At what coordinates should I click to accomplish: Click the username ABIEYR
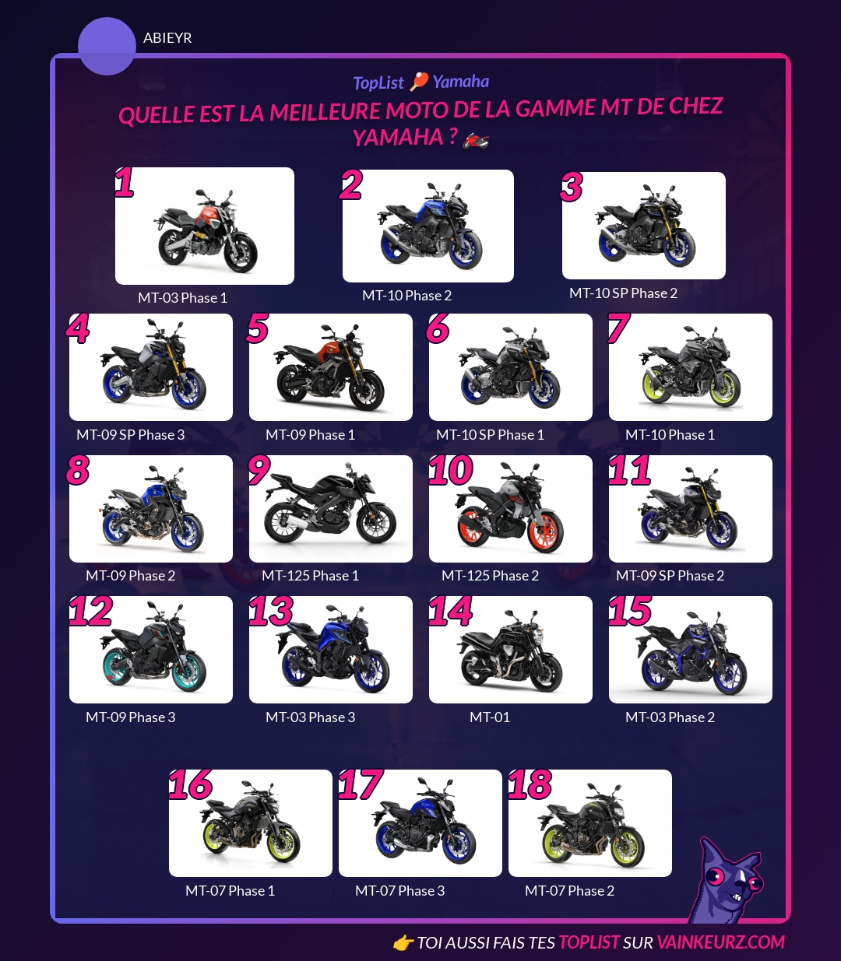pos(167,37)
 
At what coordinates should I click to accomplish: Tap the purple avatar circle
pos(107,46)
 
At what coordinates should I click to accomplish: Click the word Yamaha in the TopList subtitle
pos(461,82)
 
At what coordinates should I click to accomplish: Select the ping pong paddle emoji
pos(418,81)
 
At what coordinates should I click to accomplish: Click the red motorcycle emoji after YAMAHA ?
pos(476,140)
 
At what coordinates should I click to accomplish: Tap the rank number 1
pos(125,182)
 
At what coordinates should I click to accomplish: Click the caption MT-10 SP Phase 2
pos(623,293)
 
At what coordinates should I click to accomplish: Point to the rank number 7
pos(618,328)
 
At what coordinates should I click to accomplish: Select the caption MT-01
pos(489,717)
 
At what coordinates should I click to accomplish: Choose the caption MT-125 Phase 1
pos(310,575)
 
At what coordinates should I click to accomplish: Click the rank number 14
pos(450,611)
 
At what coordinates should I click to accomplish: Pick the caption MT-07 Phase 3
pos(399,890)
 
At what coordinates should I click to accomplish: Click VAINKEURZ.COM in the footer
pos(720,942)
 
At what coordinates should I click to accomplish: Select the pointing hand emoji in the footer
pos(403,942)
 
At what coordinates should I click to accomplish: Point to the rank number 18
pos(530,784)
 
